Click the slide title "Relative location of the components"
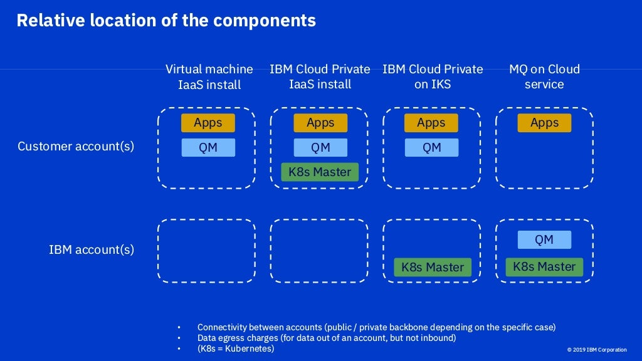click(166, 21)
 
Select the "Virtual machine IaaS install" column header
click(209, 76)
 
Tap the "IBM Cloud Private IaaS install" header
click(320, 76)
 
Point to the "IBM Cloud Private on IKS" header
click(433, 76)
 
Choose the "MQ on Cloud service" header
click(544, 76)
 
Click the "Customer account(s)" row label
click(76, 147)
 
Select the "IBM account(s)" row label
click(92, 249)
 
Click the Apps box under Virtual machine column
click(208, 123)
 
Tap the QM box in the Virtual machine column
click(208, 147)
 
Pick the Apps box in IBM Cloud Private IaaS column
click(320, 123)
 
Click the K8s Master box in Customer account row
click(320, 172)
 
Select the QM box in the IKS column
click(431, 147)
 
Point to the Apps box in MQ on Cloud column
click(544, 123)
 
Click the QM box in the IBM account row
click(544, 239)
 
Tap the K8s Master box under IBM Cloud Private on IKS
click(433, 267)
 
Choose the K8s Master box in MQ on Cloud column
click(544, 266)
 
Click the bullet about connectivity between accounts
click(376, 327)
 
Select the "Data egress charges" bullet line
click(326, 338)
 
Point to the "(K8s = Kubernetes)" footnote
click(236, 348)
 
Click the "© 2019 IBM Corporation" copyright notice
click(596, 350)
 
